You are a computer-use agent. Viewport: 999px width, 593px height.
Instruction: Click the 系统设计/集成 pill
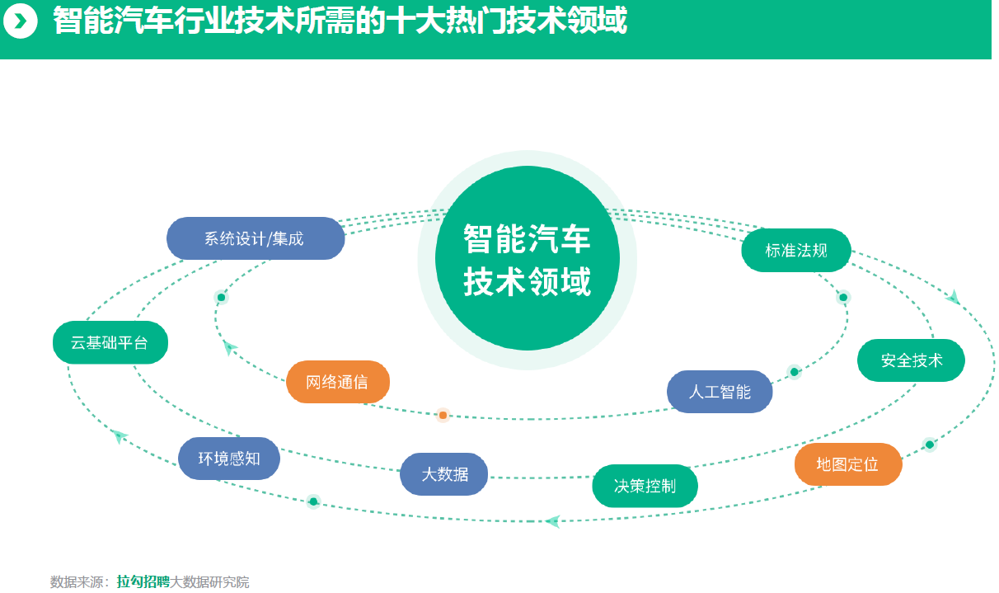pos(256,238)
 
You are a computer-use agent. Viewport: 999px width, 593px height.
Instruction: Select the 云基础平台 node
pos(110,342)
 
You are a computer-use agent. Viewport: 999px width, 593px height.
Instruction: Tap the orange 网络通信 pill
pos(338,382)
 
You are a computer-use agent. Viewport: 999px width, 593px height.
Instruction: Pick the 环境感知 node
pos(229,459)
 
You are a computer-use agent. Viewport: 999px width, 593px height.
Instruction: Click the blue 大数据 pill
pos(443,474)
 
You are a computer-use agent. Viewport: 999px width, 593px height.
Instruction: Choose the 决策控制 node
pos(645,486)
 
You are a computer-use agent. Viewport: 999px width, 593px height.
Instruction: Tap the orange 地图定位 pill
pos(848,464)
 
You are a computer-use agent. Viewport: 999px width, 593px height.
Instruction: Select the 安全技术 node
pos(911,360)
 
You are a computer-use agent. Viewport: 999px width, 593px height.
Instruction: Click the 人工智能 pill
pos(720,392)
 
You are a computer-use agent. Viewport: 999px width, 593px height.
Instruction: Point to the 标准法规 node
pos(796,251)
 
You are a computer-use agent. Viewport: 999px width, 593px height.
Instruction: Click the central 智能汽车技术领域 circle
pos(528,258)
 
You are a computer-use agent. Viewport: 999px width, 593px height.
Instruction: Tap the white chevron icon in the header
pos(20,21)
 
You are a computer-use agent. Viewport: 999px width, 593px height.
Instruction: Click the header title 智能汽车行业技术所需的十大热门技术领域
pos(340,21)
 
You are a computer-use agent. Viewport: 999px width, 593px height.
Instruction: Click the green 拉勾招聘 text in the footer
pos(143,581)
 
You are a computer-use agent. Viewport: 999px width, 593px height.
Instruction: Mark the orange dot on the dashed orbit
pos(443,416)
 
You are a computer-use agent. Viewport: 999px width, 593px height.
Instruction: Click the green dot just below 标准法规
pos(843,298)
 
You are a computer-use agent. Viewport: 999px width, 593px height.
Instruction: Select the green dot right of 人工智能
pos(795,372)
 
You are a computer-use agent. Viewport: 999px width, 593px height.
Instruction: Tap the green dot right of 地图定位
pos(930,445)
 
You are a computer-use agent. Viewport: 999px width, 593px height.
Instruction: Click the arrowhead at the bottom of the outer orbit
pos(553,521)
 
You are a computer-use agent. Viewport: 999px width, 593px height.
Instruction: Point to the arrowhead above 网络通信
pos(230,348)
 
